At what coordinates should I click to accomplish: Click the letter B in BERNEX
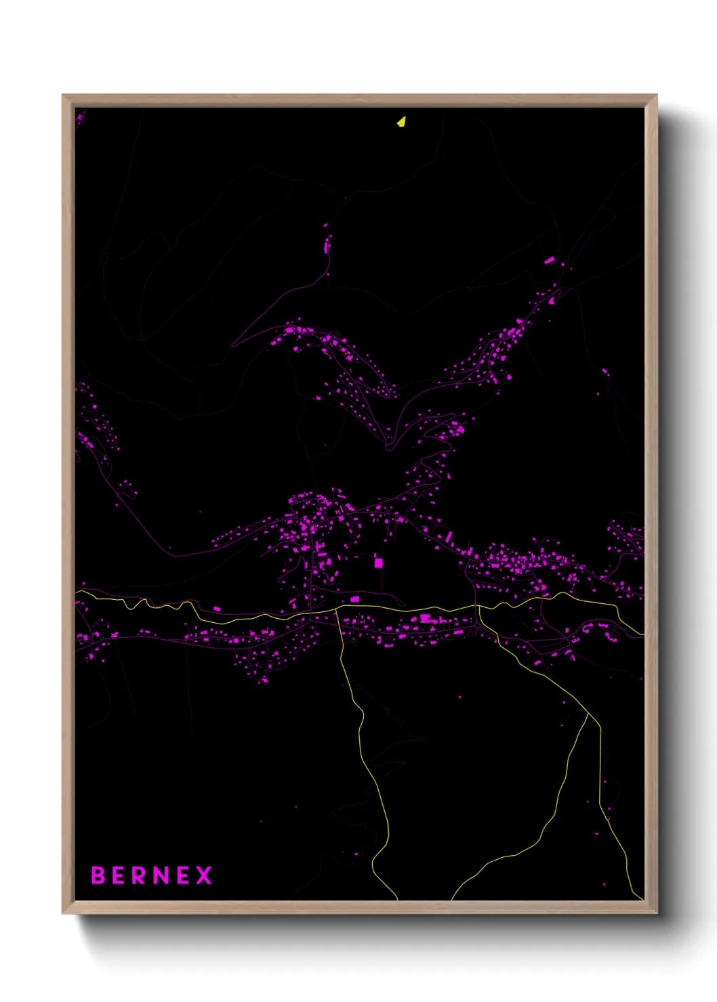pyautogui.click(x=99, y=875)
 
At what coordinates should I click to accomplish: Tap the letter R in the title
pyautogui.click(x=139, y=875)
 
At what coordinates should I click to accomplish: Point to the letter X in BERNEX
pyautogui.click(x=204, y=875)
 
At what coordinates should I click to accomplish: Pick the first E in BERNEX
pyautogui.click(x=119, y=875)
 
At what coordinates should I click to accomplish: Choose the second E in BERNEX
pyautogui.click(x=182, y=875)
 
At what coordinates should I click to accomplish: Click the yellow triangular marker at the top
pyautogui.click(x=401, y=122)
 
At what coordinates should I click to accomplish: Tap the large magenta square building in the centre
pyautogui.click(x=378, y=563)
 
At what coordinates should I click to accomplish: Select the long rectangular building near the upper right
pyautogui.click(x=550, y=260)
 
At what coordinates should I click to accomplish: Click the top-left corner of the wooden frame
pyautogui.click(x=63, y=95)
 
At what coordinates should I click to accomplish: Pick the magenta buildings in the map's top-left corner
pyautogui.click(x=79, y=118)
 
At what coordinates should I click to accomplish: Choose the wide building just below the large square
pyautogui.click(x=354, y=599)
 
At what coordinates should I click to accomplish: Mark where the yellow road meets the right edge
pyautogui.click(x=642, y=634)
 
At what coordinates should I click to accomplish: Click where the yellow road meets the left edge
pyautogui.click(x=77, y=591)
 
